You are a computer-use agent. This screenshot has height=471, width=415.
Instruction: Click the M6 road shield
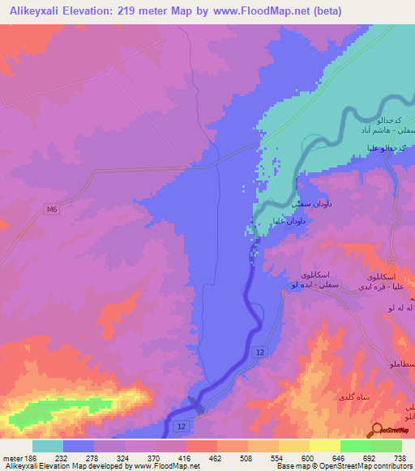[x=52, y=210]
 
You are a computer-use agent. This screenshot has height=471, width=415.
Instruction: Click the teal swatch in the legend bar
[x=47, y=446]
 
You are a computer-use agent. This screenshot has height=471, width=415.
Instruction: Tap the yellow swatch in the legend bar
[x=324, y=446]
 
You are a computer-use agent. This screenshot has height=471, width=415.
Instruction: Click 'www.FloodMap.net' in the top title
[x=253, y=11]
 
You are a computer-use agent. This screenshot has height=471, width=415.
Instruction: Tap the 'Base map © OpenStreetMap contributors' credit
[x=343, y=467]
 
